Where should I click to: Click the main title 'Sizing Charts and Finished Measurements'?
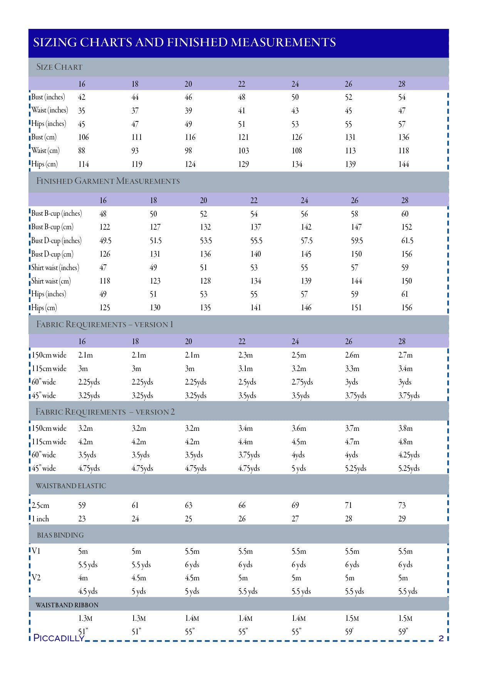click(184, 42)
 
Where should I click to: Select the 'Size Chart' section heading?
click(59, 67)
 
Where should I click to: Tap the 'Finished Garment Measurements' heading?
click(108, 181)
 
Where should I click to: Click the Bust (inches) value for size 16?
click(82, 97)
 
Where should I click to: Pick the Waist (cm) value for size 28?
click(403, 151)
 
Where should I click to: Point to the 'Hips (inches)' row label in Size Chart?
click(49, 124)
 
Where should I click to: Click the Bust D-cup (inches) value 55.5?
click(256, 241)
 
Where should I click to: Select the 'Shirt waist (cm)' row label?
click(51, 281)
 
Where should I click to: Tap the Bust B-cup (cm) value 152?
click(406, 227)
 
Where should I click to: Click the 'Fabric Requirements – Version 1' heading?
click(105, 324)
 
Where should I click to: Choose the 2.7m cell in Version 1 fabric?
click(405, 355)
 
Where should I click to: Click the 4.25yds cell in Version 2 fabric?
click(409, 455)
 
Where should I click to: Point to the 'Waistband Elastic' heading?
click(71, 486)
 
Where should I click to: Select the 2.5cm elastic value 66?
click(242, 505)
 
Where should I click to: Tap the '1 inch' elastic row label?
click(40, 519)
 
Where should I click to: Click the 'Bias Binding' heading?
click(60, 535)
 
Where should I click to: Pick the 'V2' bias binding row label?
click(36, 578)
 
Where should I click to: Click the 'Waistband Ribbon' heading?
click(67, 605)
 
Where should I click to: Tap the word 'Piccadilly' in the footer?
click(59, 638)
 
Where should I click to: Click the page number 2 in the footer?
click(441, 638)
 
